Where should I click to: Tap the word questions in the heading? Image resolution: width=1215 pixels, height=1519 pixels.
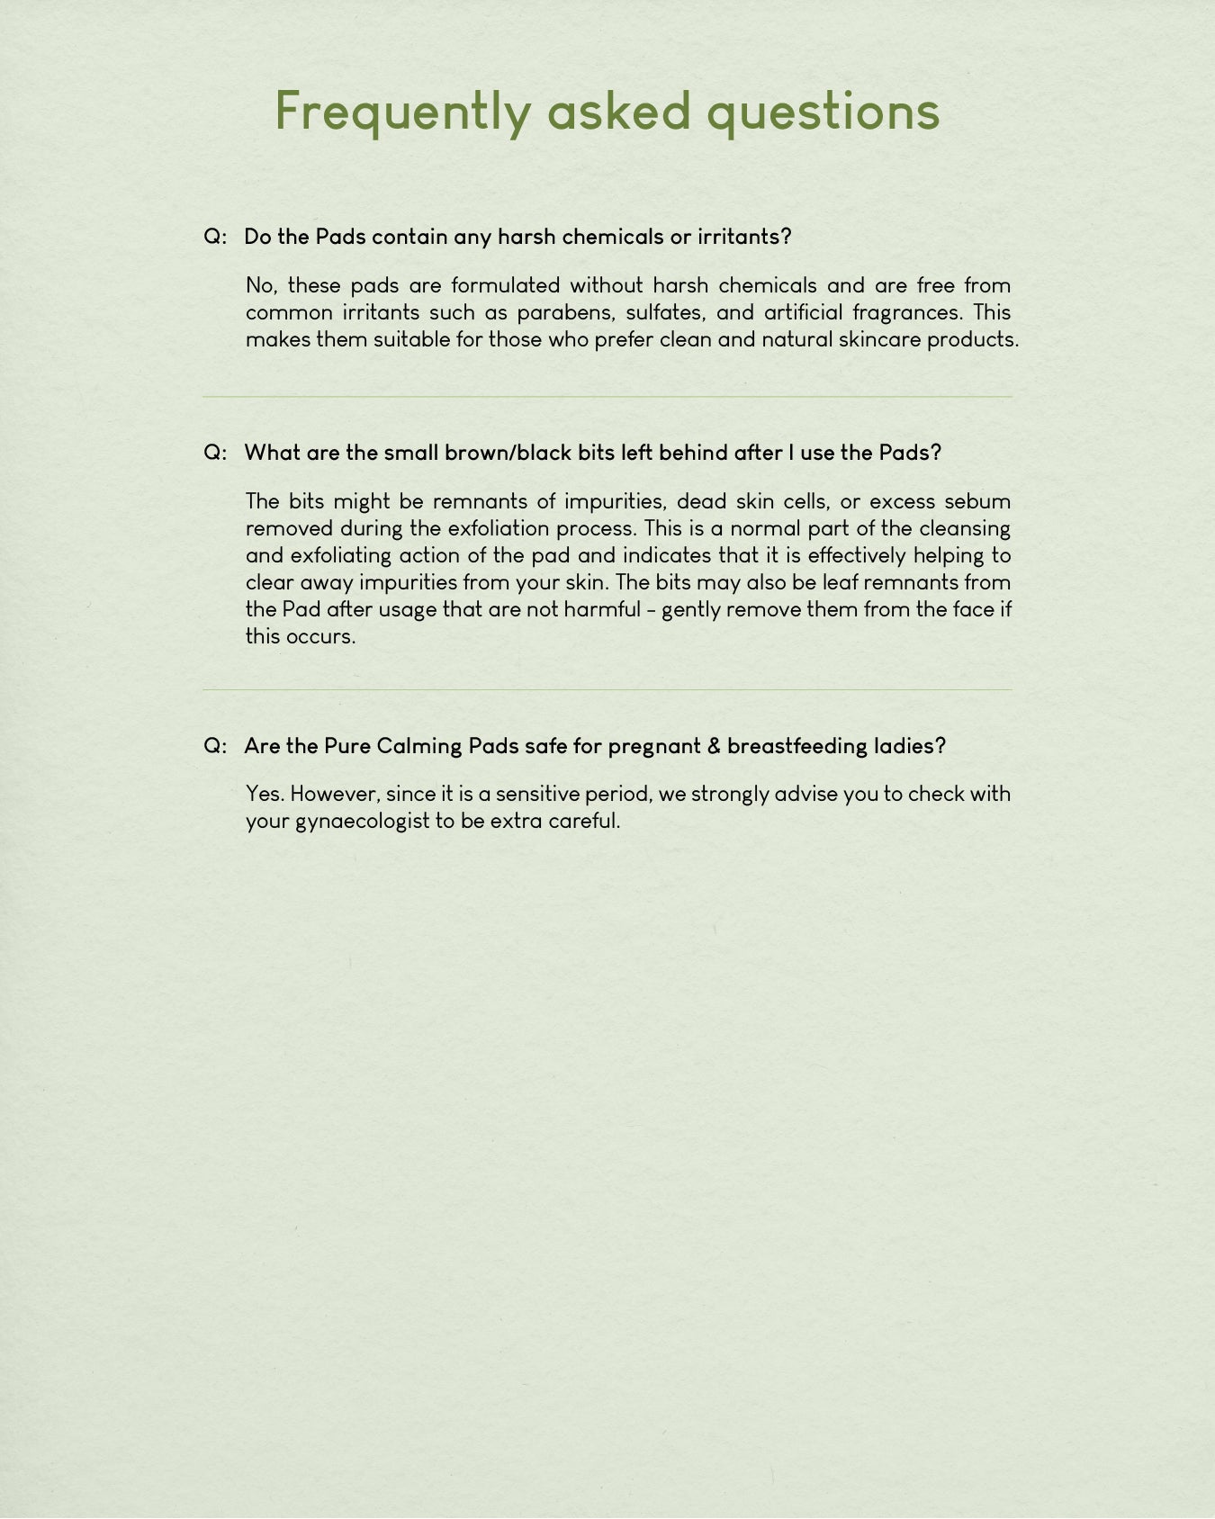(x=823, y=112)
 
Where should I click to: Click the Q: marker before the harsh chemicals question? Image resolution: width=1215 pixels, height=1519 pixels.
(x=215, y=237)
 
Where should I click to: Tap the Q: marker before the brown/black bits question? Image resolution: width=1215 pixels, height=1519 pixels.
(x=215, y=453)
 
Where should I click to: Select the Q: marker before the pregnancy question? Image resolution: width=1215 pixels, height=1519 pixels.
(x=215, y=746)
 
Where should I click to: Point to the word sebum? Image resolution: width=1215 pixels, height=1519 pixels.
(x=977, y=501)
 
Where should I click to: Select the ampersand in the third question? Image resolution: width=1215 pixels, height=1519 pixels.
(x=714, y=746)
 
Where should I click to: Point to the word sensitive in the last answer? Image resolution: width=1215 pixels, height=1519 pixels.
(x=537, y=794)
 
